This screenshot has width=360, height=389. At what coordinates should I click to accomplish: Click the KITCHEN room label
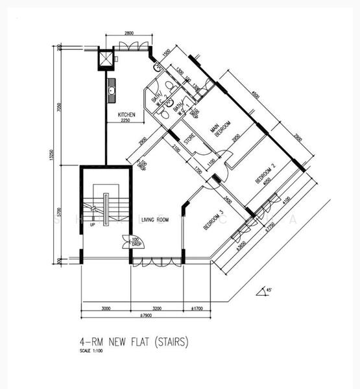pos(126,115)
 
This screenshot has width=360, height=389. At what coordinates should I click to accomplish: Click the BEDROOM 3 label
pos(213,220)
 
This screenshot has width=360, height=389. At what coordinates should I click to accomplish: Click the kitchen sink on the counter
pos(112,91)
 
